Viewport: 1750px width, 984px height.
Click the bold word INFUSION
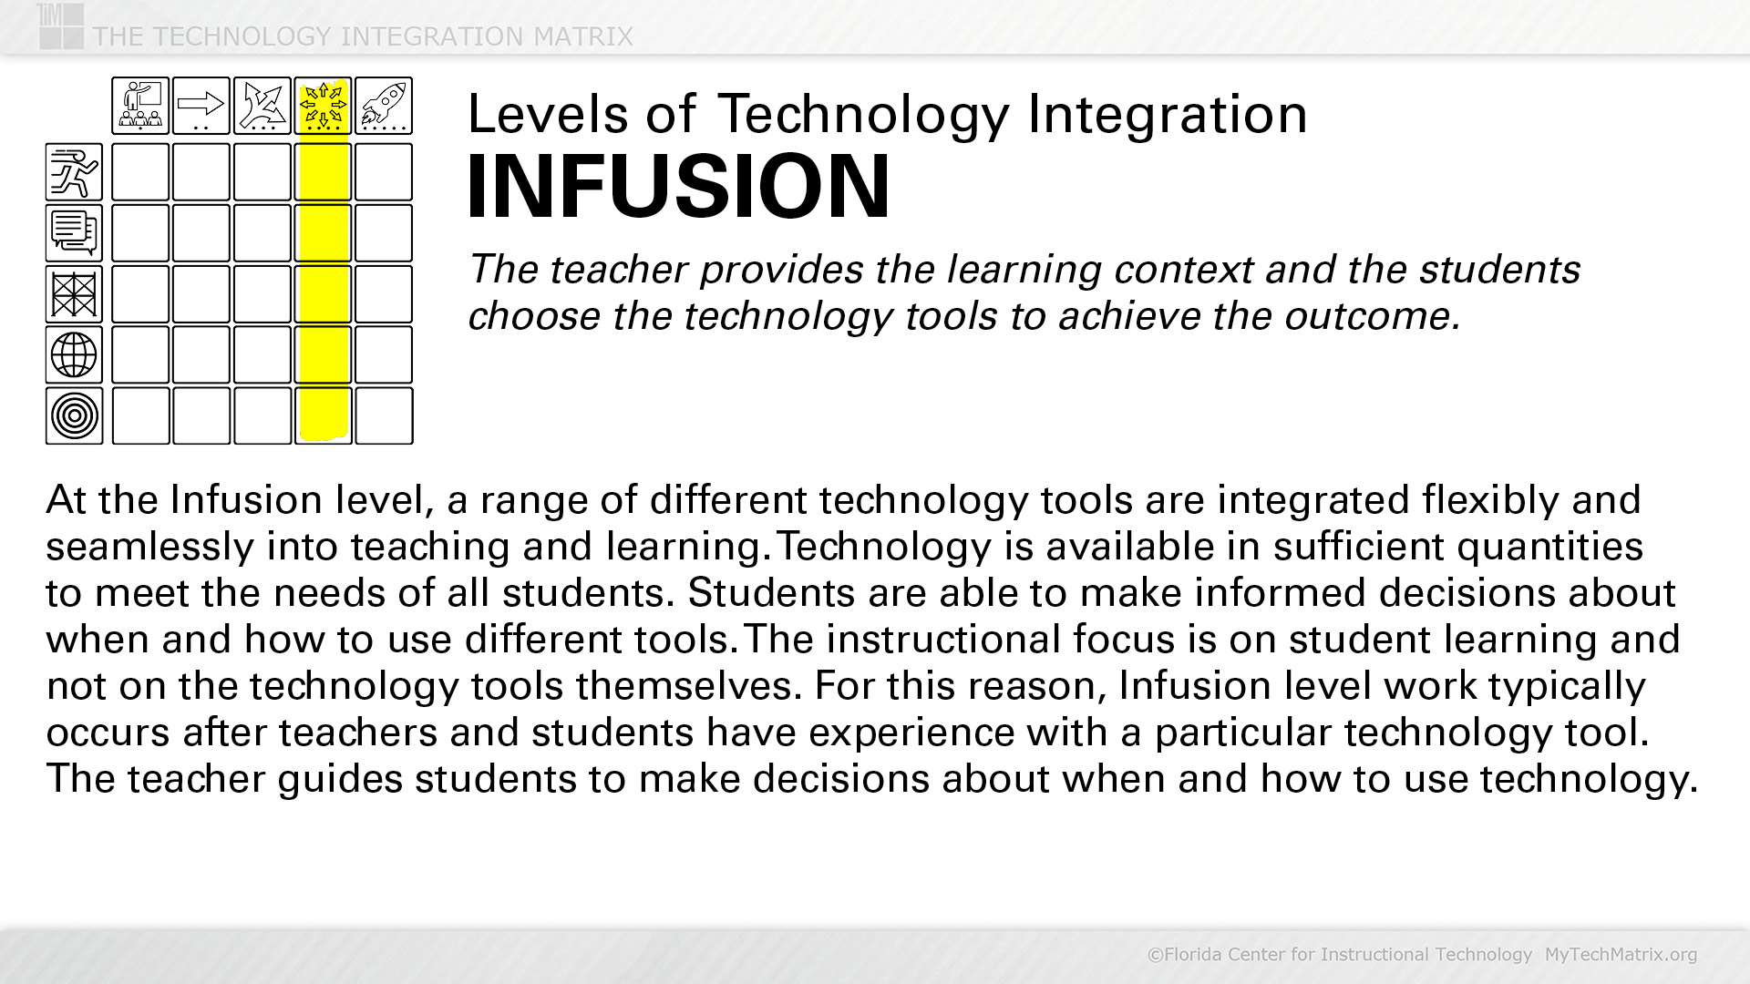(678, 187)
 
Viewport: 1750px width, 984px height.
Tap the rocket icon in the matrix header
(384, 106)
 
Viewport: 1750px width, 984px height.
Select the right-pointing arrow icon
(201, 106)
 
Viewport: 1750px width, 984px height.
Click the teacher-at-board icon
(140, 106)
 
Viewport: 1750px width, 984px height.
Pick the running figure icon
(74, 171)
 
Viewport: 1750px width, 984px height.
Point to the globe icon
(74, 354)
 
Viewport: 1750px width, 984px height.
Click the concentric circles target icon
(74, 415)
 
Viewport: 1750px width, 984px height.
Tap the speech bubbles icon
(74, 232)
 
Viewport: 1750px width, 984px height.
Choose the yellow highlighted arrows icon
(324, 106)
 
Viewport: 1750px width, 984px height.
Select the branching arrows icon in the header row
(262, 106)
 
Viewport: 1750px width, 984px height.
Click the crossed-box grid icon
(74, 293)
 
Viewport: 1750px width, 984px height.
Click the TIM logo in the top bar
(61, 26)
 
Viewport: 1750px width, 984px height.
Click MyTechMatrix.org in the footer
(1621, 954)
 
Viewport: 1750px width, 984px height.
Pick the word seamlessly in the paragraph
(150, 547)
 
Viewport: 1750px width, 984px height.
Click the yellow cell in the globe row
(324, 354)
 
